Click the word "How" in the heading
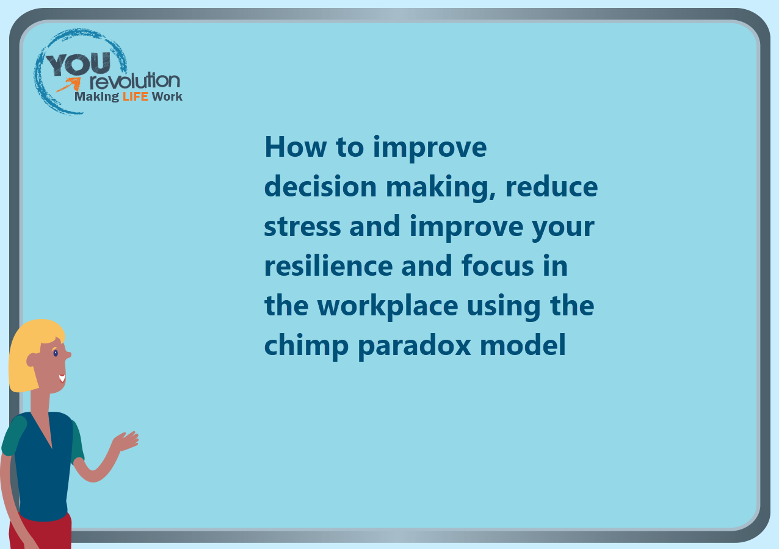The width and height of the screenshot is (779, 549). click(295, 147)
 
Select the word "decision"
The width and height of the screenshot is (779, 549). click(321, 186)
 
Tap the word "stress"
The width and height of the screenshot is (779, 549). click(303, 226)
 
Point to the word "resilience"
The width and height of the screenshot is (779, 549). click(328, 265)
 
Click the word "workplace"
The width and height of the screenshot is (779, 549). click(388, 306)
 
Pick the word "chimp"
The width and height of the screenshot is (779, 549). click(306, 346)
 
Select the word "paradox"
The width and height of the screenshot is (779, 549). click(415, 346)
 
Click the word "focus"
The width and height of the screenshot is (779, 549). click(498, 265)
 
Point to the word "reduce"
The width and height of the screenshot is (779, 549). click(551, 186)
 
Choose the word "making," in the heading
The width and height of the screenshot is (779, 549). click(441, 188)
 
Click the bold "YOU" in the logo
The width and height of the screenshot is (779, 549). click(79, 64)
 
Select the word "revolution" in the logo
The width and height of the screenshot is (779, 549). click(135, 81)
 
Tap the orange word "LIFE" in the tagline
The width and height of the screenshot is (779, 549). click(136, 96)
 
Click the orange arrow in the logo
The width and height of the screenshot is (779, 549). click(70, 84)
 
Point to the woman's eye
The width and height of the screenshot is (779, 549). click(56, 353)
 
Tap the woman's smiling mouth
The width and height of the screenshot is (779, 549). click(62, 378)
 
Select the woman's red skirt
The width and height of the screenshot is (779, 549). click(40, 532)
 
